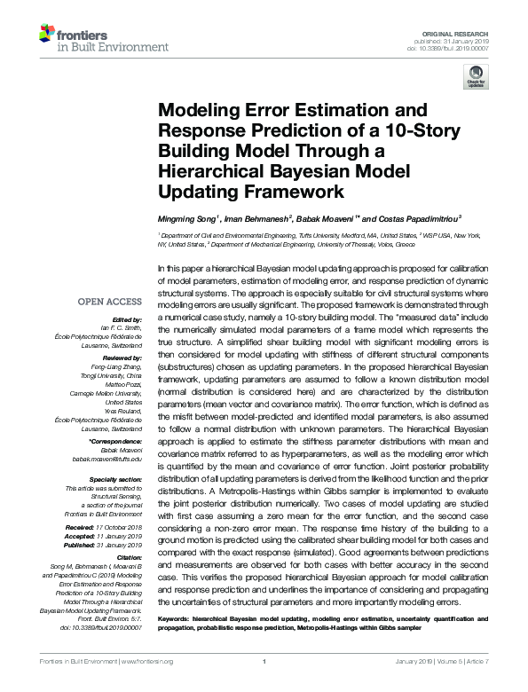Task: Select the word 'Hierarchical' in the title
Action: [x=209, y=170]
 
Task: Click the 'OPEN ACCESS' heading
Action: [x=109, y=302]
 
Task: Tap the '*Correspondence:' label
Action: [x=117, y=442]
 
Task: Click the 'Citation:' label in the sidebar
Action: [x=130, y=557]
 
